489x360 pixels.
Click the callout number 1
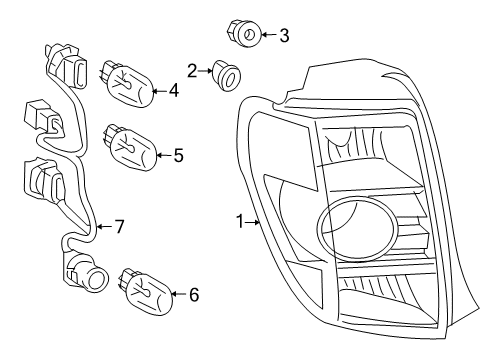(x=239, y=219)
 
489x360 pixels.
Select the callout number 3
(x=284, y=37)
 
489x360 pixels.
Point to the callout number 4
(x=173, y=91)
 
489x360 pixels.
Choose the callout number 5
(x=178, y=155)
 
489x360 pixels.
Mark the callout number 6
(x=193, y=294)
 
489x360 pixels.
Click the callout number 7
(x=118, y=227)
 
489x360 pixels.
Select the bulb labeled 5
(x=130, y=146)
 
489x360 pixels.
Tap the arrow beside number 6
(x=177, y=294)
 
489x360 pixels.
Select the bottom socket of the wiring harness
(x=85, y=271)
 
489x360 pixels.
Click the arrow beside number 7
(x=103, y=228)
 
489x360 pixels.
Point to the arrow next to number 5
(x=163, y=155)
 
